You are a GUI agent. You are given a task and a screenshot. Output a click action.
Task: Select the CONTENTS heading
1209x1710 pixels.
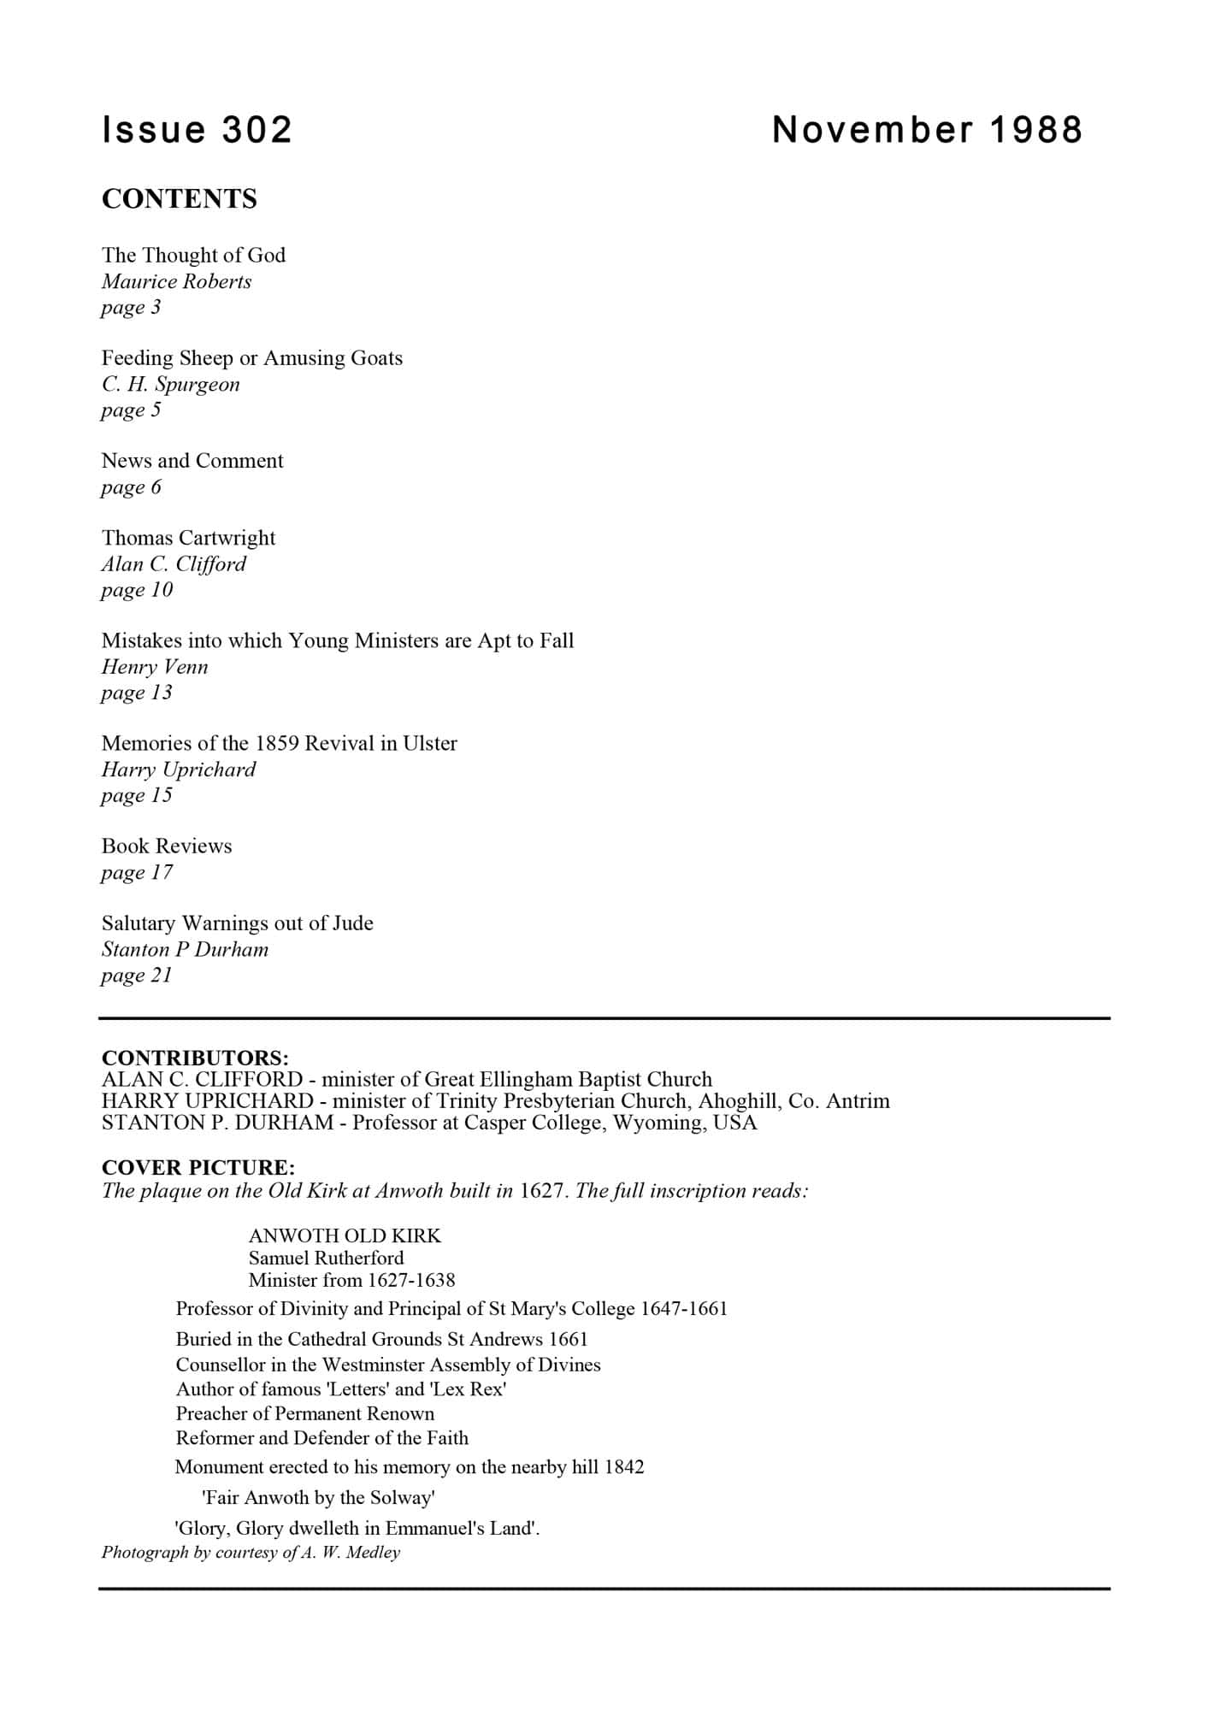(180, 198)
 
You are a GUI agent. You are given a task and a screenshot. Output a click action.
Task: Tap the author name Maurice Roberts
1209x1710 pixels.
(177, 281)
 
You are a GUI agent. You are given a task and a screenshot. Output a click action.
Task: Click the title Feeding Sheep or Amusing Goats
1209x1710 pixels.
(252, 357)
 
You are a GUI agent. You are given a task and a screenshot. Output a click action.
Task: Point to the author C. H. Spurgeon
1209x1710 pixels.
(171, 384)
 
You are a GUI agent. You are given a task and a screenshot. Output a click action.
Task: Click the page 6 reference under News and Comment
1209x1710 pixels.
(131, 487)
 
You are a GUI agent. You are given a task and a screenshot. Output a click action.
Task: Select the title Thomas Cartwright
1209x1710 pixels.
(189, 538)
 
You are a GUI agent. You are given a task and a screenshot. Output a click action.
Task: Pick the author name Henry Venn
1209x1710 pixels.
(155, 667)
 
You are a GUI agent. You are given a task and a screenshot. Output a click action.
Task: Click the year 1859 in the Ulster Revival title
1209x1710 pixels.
(277, 743)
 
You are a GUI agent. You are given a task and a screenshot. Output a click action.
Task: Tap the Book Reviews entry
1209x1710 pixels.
(167, 846)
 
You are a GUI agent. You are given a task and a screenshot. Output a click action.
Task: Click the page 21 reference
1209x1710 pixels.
(137, 976)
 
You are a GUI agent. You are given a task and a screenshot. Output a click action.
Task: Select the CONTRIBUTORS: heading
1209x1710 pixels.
(195, 1058)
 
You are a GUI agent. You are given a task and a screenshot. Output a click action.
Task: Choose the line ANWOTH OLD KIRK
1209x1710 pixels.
(345, 1235)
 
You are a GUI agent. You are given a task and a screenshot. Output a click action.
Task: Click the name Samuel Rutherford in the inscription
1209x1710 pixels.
(326, 1258)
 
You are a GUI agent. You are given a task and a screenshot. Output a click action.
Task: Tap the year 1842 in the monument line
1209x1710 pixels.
(624, 1467)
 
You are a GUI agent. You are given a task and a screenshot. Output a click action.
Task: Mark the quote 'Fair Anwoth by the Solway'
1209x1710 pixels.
(319, 1498)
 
